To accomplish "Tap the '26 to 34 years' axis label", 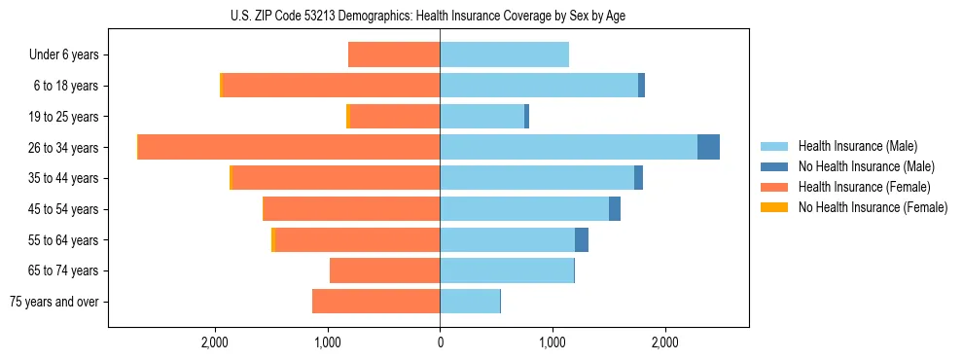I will click(64, 148).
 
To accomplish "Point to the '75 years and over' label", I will click(54, 302).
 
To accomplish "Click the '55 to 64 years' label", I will click(64, 240).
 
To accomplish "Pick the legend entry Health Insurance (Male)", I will click(858, 146).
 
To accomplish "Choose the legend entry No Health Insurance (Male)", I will click(866, 166).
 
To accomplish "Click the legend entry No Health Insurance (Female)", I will click(873, 207).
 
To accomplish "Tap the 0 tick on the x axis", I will click(440, 342).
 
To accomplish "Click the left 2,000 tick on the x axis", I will click(214, 342).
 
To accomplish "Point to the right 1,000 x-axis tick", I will click(553, 342).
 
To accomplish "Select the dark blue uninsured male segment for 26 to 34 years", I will click(708, 147).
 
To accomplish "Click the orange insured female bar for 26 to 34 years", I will click(289, 147).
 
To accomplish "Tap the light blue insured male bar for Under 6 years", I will click(504, 55).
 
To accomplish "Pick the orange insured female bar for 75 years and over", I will click(376, 302).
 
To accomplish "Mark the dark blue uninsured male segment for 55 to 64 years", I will click(582, 240).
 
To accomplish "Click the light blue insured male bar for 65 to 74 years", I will click(507, 270).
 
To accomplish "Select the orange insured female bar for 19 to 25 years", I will click(395, 117).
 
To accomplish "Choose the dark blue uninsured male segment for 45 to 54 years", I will click(615, 209).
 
